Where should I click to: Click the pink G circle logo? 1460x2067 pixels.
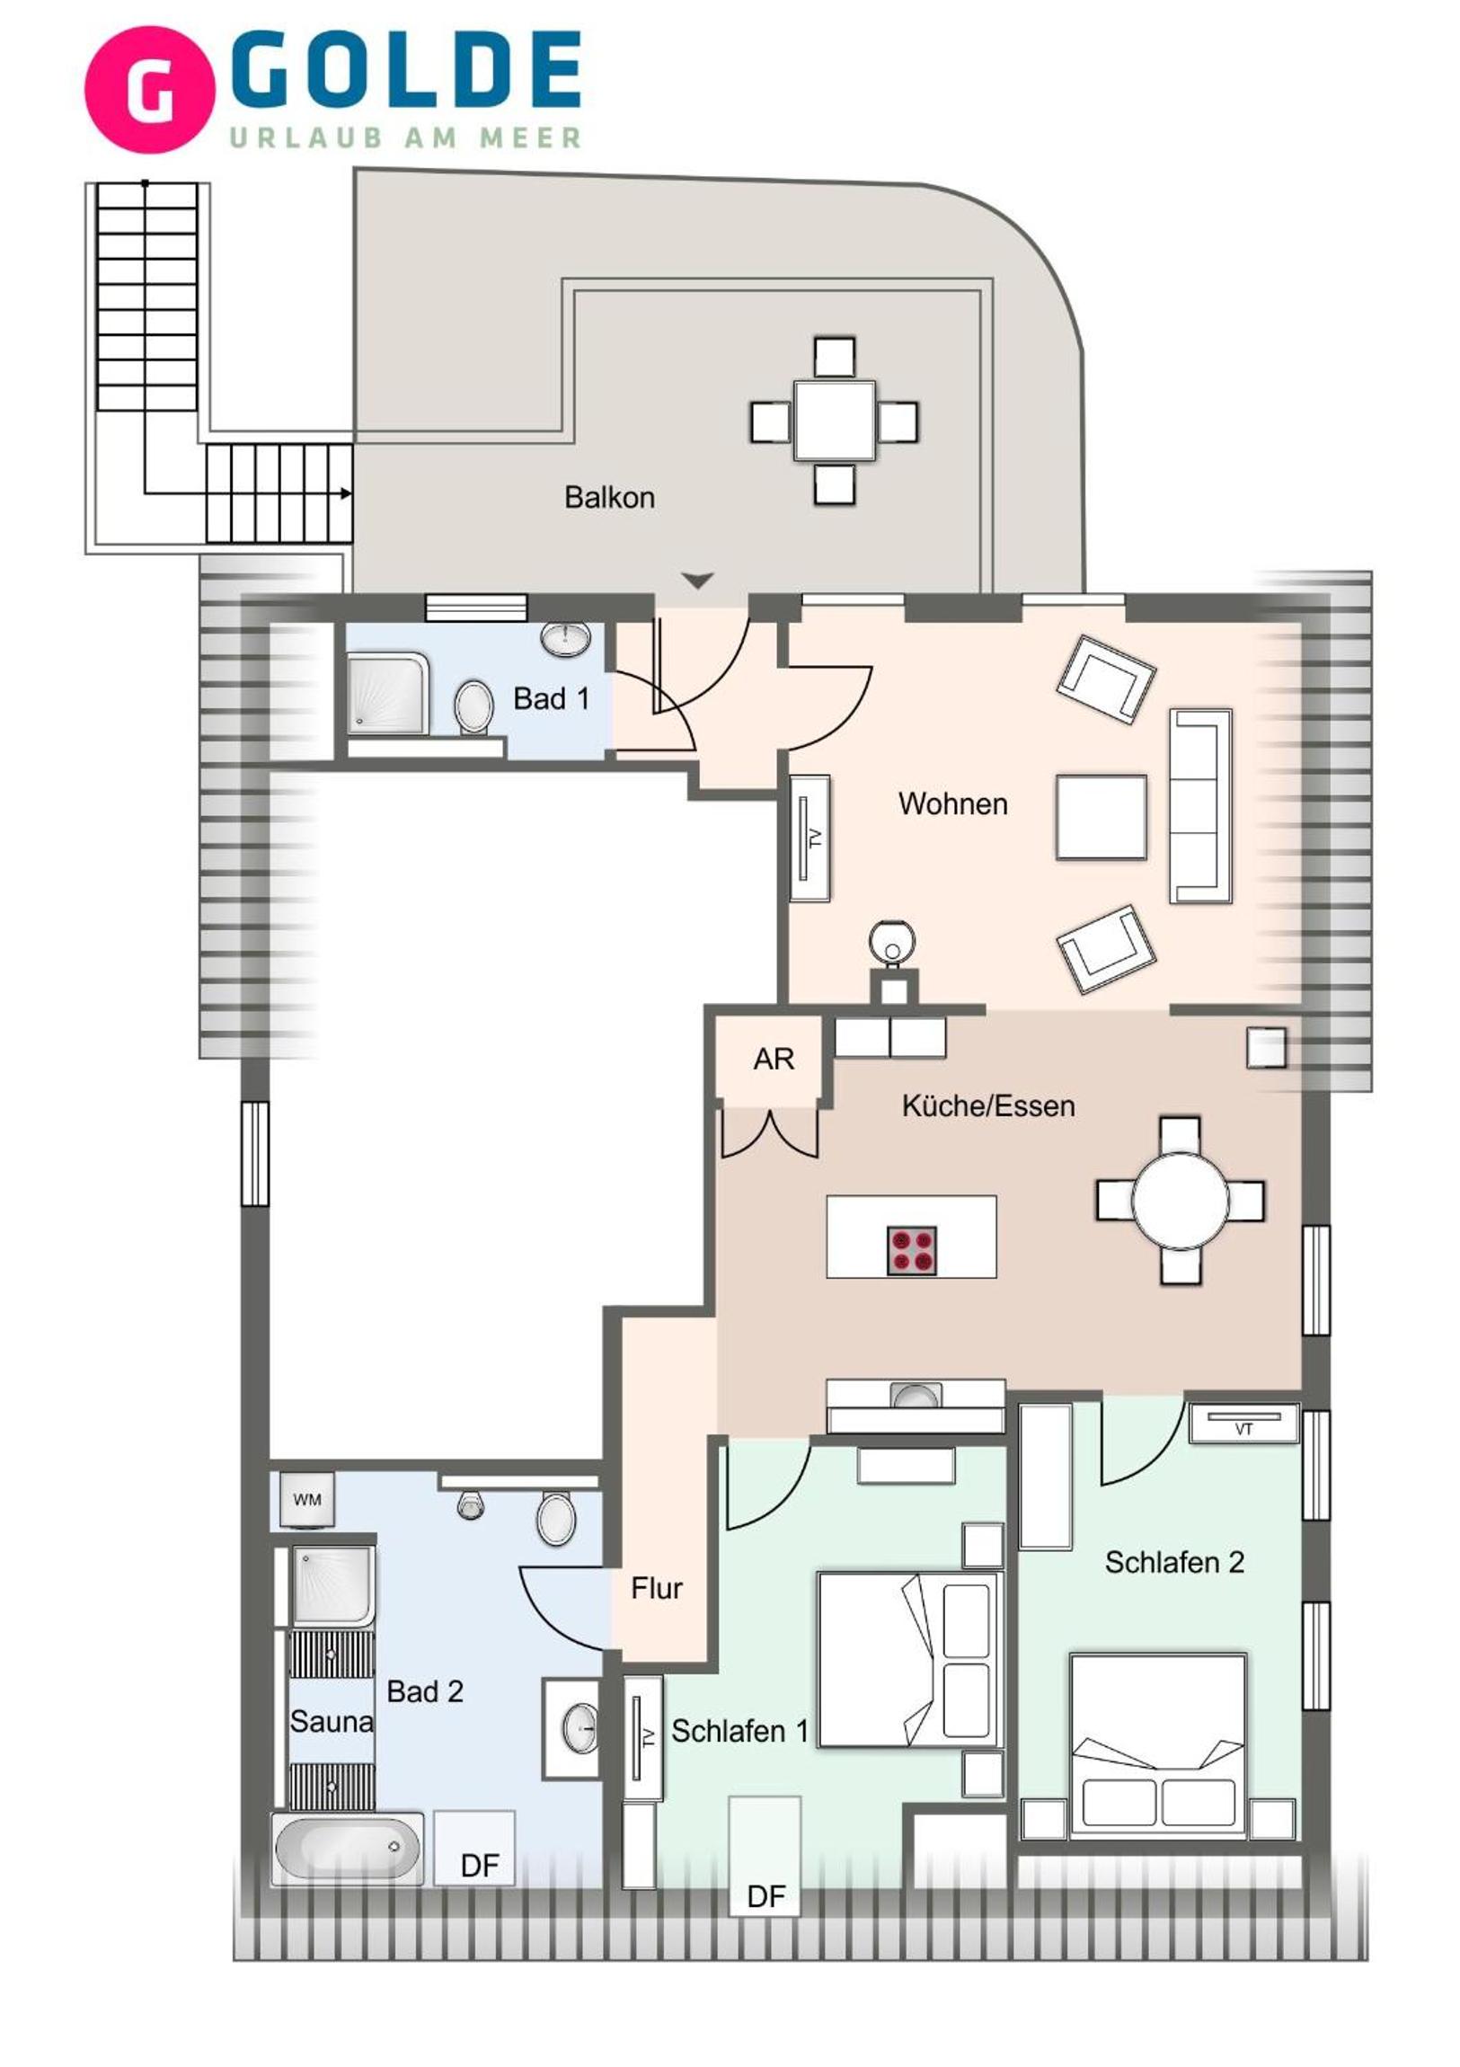(x=149, y=89)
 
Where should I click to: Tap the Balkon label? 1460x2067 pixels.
(x=609, y=497)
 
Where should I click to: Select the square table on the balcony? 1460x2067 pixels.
(x=835, y=421)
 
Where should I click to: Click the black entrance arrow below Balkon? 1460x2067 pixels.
(x=696, y=580)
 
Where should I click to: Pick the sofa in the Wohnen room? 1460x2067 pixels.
(x=1199, y=806)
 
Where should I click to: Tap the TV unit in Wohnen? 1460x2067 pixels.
(x=810, y=838)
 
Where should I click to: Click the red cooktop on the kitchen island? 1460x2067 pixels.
(x=912, y=1251)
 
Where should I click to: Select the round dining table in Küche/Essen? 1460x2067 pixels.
(x=1180, y=1201)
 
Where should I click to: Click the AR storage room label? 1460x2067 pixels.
(x=774, y=1059)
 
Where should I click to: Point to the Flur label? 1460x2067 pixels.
(x=656, y=1588)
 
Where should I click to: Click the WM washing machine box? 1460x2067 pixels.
(x=307, y=1500)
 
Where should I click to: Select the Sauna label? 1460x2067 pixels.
(x=332, y=1720)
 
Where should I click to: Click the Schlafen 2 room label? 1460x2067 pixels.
(x=1174, y=1562)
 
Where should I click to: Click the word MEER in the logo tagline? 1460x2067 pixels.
(x=530, y=138)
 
